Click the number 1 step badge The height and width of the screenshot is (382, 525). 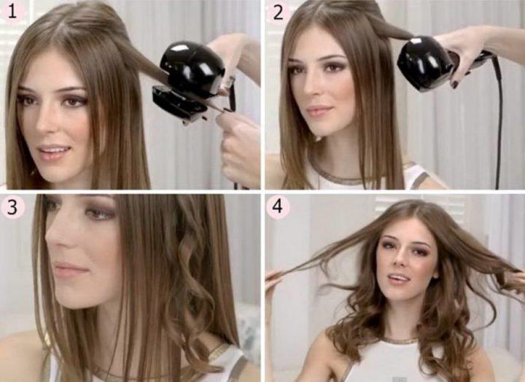[x=12, y=12]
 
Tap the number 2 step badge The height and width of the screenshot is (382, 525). [x=278, y=12]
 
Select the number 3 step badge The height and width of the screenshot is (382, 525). [x=12, y=208]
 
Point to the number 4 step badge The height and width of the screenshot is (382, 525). [x=278, y=207]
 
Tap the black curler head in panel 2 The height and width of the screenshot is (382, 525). [x=424, y=63]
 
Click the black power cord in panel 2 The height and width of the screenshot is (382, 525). [x=497, y=120]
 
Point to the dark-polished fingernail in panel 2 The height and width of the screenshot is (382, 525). [x=455, y=84]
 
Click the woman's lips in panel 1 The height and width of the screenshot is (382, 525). [x=53, y=152]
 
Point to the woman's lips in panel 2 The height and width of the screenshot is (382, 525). [x=319, y=110]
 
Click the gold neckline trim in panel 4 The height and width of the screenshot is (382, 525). [x=400, y=340]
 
